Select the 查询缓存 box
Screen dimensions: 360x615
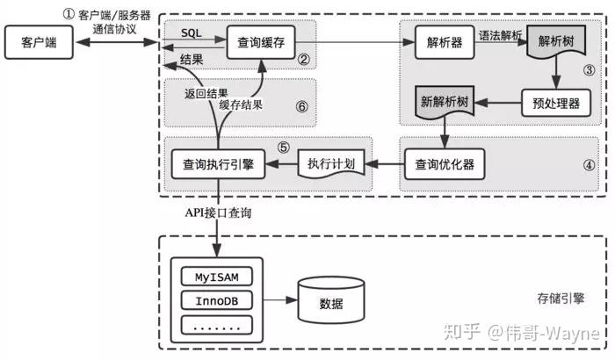259,41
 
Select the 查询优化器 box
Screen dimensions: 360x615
445,163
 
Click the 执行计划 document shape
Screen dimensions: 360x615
331,163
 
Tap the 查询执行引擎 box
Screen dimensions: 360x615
218,163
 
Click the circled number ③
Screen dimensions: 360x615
590,68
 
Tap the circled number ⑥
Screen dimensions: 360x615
301,106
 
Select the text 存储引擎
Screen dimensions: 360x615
560,299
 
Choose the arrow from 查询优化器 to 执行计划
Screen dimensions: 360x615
384,163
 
